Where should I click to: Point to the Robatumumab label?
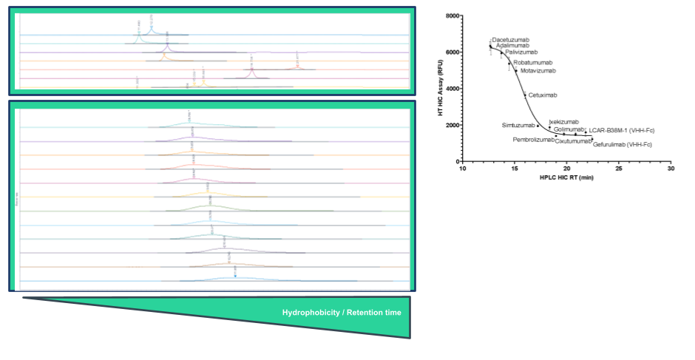(533, 63)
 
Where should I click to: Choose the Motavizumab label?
(538, 71)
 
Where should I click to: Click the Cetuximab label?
(543, 95)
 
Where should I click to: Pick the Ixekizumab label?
(563, 121)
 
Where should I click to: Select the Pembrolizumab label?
(533, 139)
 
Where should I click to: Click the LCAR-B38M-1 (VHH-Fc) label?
(622, 130)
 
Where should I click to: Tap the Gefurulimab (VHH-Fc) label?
(624, 144)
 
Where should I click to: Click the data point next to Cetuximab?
(526, 95)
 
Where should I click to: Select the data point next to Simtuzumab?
(538, 126)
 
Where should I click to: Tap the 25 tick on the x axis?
(619, 169)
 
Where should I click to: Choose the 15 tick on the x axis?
(515, 169)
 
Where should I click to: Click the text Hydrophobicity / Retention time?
(342, 313)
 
